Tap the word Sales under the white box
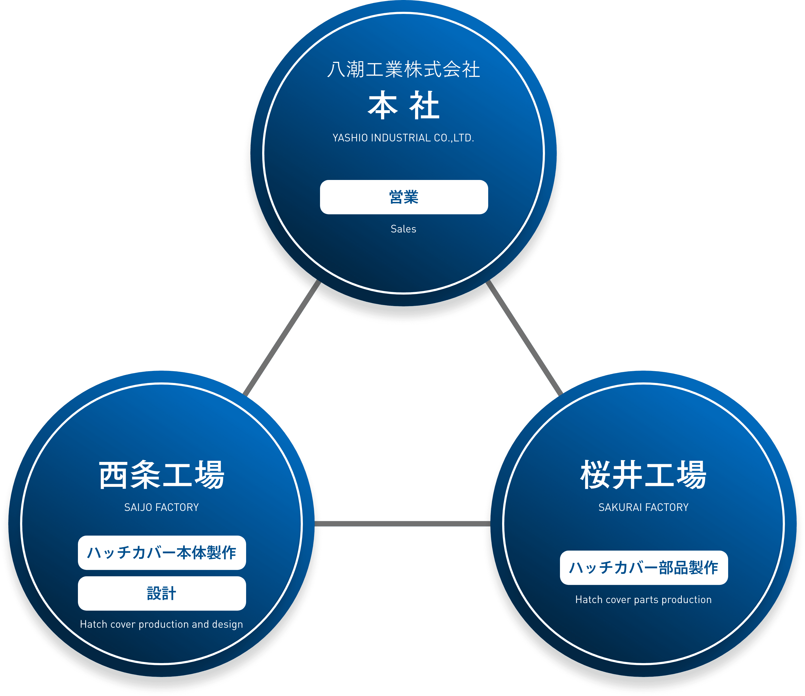403,229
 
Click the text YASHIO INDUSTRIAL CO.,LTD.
403,138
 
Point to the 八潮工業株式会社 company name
403,70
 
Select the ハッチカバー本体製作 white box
162,553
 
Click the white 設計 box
162,593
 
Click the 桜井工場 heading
643,475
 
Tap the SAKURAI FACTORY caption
643,507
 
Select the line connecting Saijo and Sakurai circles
402,524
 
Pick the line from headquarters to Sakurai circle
525,337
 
